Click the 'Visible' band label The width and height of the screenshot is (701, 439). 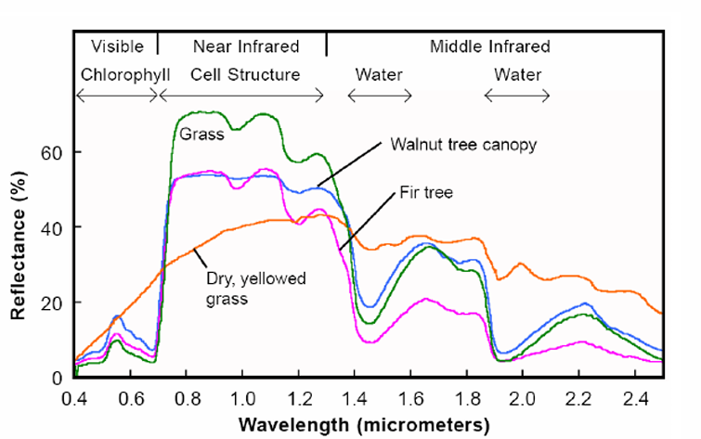(x=117, y=46)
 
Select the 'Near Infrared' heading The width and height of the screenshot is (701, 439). (x=246, y=46)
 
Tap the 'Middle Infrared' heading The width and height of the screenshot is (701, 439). (x=490, y=46)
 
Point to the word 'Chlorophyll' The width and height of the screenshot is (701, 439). (x=125, y=74)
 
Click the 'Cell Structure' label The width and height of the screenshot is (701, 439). (x=245, y=74)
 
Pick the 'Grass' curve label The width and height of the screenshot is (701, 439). (x=201, y=134)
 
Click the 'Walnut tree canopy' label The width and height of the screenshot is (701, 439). (x=463, y=145)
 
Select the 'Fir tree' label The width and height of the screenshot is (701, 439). (x=426, y=192)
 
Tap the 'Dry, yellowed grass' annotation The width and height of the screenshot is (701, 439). (x=255, y=289)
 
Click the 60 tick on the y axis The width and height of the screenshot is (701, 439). (x=51, y=153)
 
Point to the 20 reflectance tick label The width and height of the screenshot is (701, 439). (x=51, y=303)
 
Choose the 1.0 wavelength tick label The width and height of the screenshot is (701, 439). (x=243, y=399)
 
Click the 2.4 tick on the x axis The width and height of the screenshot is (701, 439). (x=635, y=399)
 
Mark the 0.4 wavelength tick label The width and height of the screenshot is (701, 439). (x=74, y=399)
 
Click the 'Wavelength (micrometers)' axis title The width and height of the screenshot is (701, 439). (x=364, y=425)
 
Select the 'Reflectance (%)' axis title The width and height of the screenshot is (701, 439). (x=18, y=245)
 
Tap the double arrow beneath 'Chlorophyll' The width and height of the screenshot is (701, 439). (x=117, y=96)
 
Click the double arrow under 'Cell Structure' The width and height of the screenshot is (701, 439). (x=241, y=96)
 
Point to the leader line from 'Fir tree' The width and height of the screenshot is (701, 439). (x=367, y=221)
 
